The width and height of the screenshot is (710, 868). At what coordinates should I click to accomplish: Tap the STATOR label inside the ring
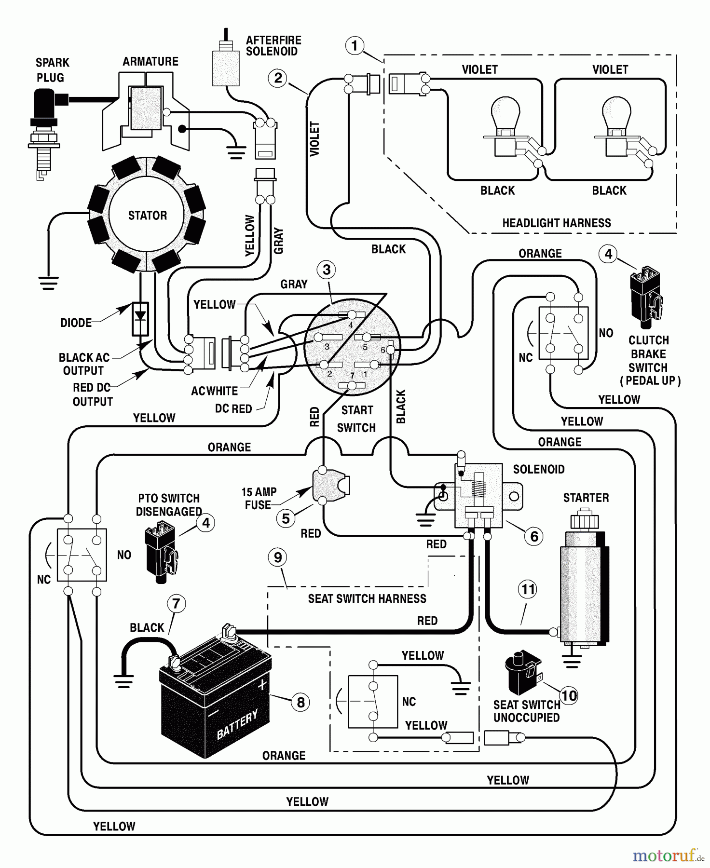click(147, 216)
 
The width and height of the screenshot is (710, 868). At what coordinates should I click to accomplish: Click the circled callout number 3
click(327, 270)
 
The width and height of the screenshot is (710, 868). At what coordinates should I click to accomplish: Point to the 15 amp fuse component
click(332, 485)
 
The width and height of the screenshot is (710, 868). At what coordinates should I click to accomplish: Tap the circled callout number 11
click(528, 589)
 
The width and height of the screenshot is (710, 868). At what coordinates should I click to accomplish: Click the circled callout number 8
click(300, 702)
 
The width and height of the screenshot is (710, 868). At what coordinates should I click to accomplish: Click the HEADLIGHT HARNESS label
click(556, 223)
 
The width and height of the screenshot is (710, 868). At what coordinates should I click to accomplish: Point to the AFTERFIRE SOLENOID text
click(273, 46)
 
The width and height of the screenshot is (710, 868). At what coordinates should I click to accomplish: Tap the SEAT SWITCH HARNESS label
click(367, 599)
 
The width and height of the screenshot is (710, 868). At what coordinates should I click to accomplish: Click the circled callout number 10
click(569, 695)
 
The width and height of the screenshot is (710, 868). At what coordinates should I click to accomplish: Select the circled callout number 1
click(355, 46)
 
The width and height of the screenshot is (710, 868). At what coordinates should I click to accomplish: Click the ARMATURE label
click(150, 62)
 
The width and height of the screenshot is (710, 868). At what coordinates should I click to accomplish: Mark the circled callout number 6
click(534, 536)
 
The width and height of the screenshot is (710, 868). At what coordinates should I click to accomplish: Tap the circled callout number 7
click(176, 603)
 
